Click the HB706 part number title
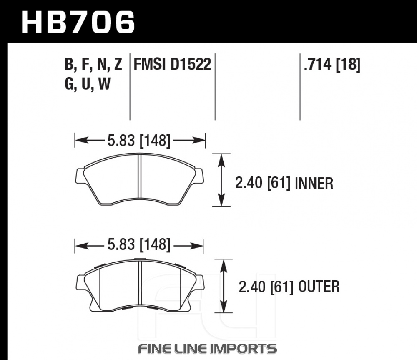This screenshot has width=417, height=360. coord(78,22)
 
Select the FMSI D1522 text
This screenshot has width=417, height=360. coord(172,64)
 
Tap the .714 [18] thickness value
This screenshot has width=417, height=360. coord(332,64)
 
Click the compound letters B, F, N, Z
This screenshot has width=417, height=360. coord(93,64)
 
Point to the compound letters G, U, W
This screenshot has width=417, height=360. coord(88,84)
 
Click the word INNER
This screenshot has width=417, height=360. coord(314,184)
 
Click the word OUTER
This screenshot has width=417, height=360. coord(319,287)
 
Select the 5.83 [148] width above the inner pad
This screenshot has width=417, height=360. coord(139,141)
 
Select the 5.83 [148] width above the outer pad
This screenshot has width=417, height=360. coord(139,244)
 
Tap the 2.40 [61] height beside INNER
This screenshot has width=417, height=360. coord(263,184)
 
